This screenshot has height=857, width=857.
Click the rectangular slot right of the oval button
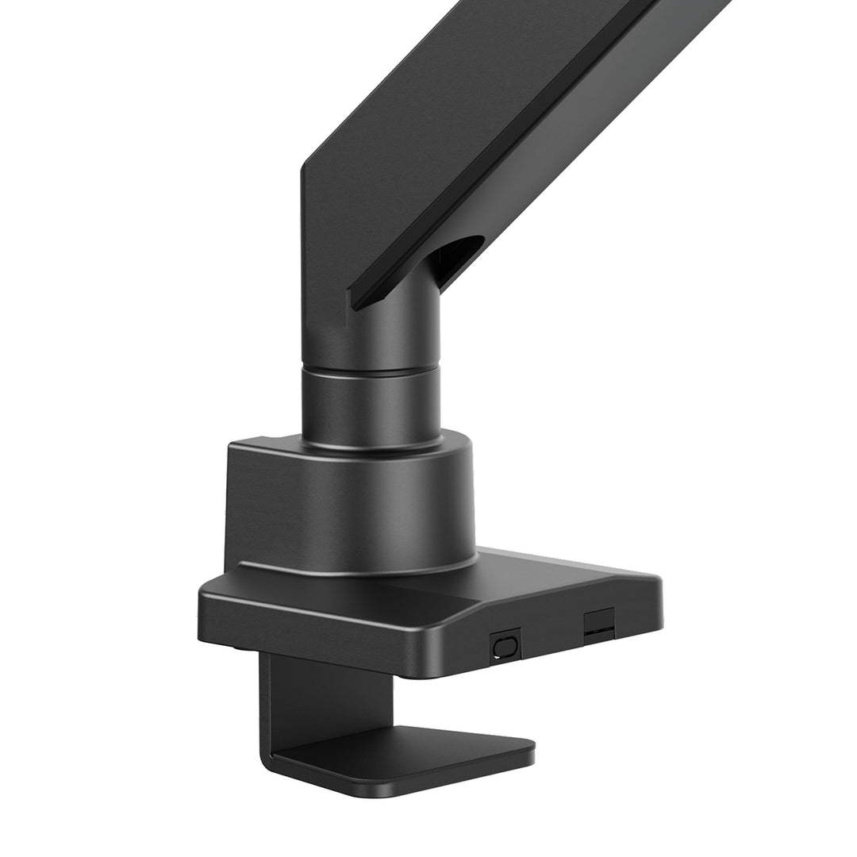pyautogui.click(x=599, y=623)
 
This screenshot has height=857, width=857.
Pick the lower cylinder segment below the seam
pyautogui.click(x=370, y=405)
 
